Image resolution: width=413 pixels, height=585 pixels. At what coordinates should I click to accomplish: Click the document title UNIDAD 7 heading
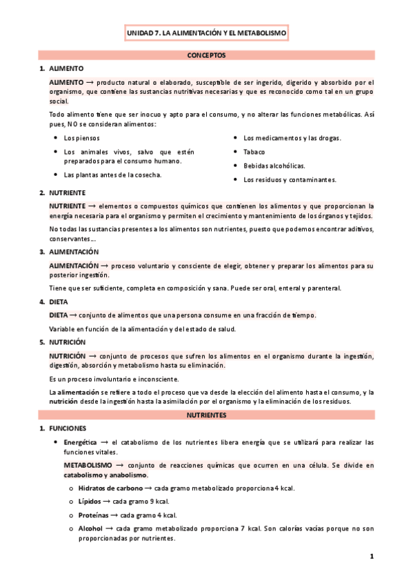206,32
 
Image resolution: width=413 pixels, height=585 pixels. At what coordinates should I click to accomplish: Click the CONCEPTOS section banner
206,54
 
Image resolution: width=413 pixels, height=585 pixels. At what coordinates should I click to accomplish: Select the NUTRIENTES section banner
206,415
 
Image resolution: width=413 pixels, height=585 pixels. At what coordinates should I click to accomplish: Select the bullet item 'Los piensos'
81,138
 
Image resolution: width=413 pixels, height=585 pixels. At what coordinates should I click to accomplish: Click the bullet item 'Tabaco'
254,152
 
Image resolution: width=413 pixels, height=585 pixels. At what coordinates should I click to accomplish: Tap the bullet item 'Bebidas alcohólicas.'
274,166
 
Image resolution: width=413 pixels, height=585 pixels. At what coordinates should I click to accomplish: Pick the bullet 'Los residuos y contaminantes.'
290,180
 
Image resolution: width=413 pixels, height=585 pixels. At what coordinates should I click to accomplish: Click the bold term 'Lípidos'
89,502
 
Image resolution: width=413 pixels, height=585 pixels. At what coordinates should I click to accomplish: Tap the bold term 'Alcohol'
90,528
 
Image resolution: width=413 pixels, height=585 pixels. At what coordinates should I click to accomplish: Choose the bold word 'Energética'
80,442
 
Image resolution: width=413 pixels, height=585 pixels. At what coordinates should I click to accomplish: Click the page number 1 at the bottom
371,556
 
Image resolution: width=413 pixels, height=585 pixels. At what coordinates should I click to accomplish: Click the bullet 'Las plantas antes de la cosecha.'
112,175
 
